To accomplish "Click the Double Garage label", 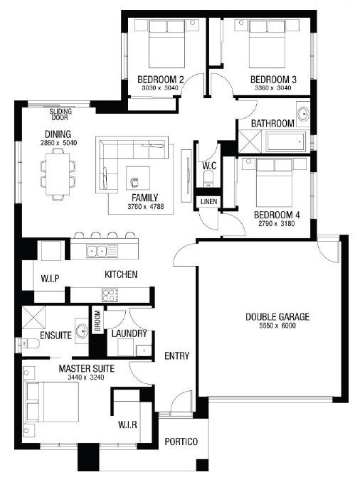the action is (277, 316).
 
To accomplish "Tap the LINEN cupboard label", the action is (209, 202).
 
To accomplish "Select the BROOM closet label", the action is (97, 321).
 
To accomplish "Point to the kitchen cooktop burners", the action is (110, 295).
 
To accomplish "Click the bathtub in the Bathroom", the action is (286, 141).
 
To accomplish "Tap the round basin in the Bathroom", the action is (303, 114).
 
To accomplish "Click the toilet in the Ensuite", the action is (28, 343).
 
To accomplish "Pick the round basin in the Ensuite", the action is (82, 332).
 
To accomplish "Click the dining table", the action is (58, 173).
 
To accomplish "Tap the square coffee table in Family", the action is (138, 178).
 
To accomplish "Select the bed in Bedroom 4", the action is (274, 182).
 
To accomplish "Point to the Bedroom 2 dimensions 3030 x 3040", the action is (159, 88).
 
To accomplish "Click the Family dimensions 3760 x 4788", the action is (146, 206).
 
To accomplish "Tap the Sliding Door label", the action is (60, 114).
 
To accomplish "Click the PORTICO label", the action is (181, 441).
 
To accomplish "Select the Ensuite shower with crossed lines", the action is (34, 318).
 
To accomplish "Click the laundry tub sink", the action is (144, 350).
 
